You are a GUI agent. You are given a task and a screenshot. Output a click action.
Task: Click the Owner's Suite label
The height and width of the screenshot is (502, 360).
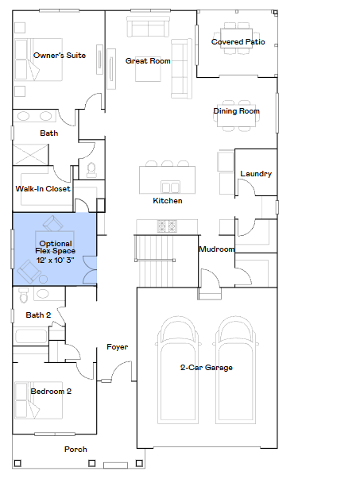60,56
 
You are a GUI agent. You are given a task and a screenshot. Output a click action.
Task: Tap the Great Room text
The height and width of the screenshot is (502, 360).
148,61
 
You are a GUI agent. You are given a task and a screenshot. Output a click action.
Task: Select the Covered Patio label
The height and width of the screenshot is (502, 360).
238,41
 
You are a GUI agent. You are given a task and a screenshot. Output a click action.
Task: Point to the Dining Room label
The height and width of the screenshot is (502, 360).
236,111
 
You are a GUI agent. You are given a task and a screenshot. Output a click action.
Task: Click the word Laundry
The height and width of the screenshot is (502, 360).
256,174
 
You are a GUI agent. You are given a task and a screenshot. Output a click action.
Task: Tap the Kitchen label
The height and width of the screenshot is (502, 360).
168,201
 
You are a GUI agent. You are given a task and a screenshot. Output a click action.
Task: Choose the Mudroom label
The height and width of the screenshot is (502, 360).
216,249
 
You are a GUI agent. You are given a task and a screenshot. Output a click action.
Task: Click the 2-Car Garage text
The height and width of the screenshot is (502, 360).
207,368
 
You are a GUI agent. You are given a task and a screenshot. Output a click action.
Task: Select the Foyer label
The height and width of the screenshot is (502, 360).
118,347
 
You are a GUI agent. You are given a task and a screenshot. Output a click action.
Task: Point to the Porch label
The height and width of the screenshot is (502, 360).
75,449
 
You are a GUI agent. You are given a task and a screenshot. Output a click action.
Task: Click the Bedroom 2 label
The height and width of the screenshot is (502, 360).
51,392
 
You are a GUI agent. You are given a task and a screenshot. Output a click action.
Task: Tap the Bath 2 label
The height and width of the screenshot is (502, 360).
38,315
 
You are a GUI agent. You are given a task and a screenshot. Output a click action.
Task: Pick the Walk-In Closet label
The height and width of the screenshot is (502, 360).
43,189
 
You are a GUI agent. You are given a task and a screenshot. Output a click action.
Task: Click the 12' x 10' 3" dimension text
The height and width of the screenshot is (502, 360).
55,261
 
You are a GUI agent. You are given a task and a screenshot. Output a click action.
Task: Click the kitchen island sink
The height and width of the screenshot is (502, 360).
170,187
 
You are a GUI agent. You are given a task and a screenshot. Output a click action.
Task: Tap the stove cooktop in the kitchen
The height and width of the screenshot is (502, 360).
167,226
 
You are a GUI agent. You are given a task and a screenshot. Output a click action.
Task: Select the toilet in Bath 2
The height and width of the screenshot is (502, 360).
24,295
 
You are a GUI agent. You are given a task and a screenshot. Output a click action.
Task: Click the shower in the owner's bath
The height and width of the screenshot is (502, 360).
30,155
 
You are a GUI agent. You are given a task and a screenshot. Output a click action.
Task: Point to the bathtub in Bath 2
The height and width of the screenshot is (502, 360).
31,336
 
